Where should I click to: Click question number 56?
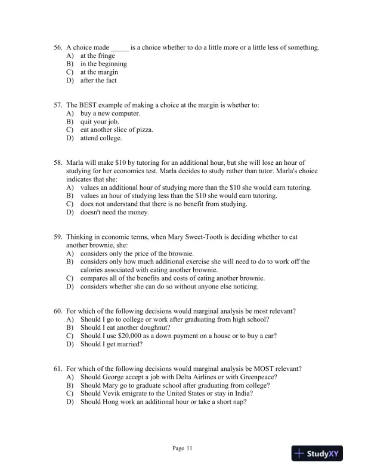point(58,47)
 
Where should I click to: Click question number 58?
point(58,162)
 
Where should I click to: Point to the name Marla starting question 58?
point(75,162)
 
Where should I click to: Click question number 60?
point(58,311)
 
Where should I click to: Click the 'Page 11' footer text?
point(182,449)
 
